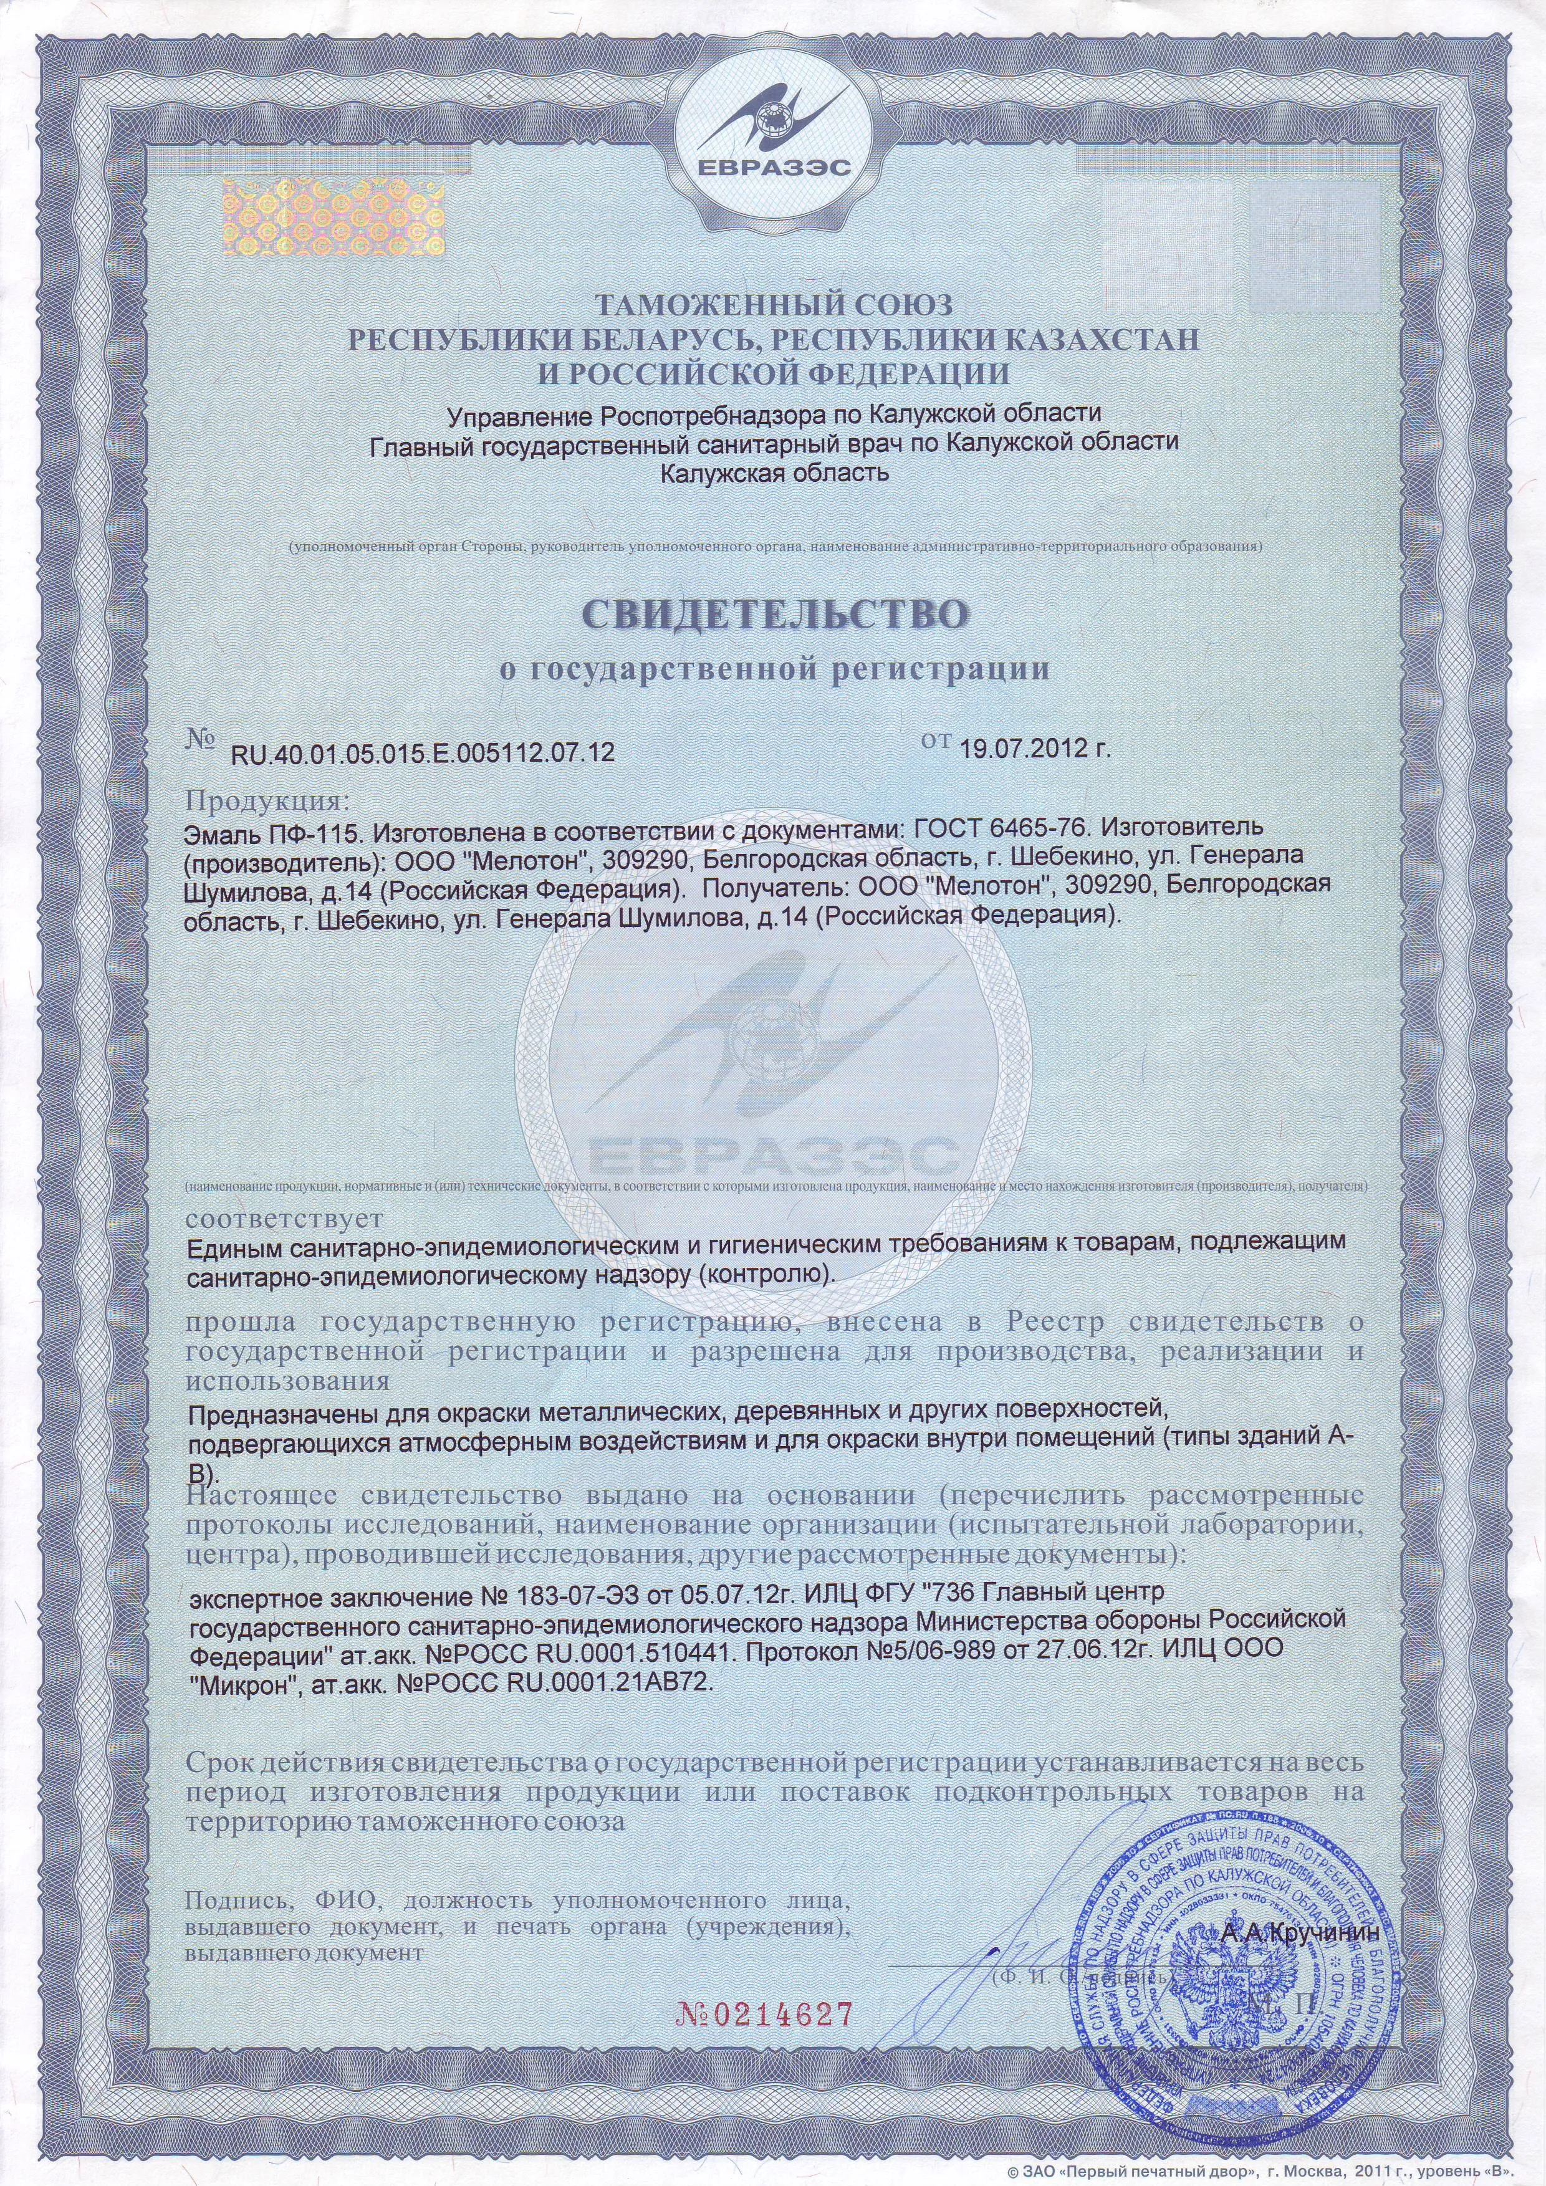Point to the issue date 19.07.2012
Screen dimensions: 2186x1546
point(1035,747)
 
